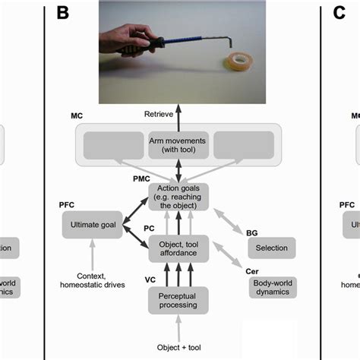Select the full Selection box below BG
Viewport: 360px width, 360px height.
coord(270,248)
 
